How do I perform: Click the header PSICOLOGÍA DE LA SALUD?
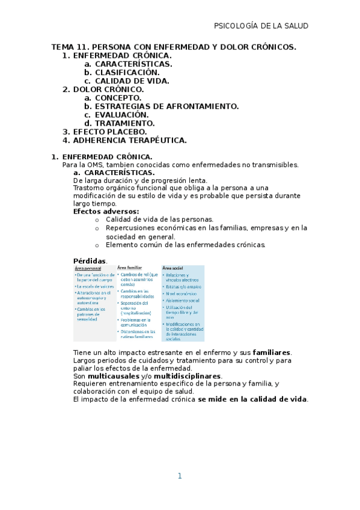coord(261,26)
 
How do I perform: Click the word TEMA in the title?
coord(63,46)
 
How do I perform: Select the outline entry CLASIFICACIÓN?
coord(127,72)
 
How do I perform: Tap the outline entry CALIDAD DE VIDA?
coord(132,81)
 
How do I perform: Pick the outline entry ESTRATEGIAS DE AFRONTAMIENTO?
coord(166,106)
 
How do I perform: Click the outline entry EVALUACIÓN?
coord(121,115)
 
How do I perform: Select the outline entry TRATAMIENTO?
coord(124,123)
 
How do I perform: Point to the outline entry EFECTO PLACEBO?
coord(109,132)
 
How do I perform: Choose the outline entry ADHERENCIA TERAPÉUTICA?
coord(129,140)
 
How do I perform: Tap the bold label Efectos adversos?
coord(106,212)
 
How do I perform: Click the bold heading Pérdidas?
coord(89,261)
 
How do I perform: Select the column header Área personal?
coord(89,268)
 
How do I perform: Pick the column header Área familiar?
coord(130,268)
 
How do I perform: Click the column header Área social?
coord(173,268)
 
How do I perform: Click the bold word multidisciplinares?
coord(188,376)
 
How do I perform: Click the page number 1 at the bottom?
coord(179,476)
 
